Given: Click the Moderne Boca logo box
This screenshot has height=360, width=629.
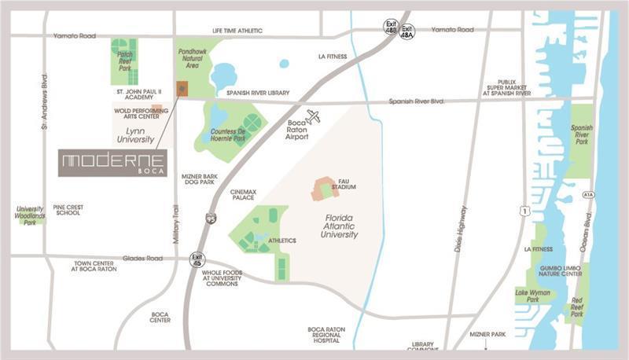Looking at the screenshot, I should [112, 162].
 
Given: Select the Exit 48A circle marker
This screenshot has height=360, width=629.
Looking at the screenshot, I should [406, 33].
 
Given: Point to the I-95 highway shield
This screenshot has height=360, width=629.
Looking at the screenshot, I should [211, 218].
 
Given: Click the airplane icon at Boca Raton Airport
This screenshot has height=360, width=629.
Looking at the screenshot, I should [314, 117].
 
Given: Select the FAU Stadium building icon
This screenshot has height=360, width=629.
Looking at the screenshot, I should [322, 189].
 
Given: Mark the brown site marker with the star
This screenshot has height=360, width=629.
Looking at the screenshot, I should [182, 89].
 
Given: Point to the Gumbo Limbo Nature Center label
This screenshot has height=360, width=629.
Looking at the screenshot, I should [561, 271].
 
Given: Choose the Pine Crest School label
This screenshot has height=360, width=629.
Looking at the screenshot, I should [68, 211].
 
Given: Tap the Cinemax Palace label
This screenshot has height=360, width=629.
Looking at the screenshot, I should [242, 194].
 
